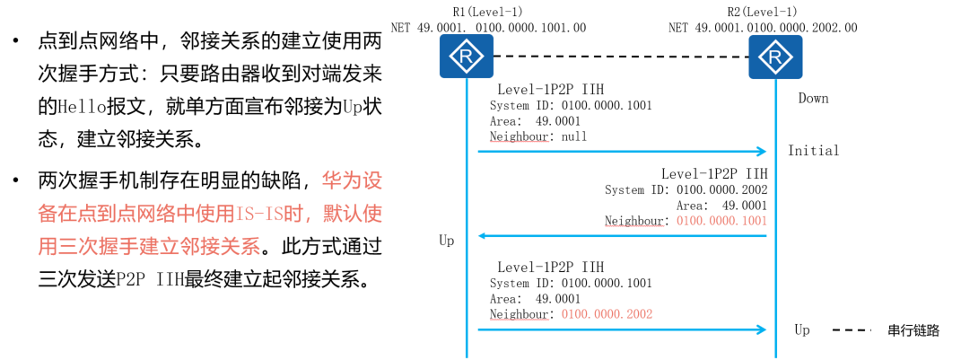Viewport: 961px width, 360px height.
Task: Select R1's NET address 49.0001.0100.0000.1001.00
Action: (x=489, y=28)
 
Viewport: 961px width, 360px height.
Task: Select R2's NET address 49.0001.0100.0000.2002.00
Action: (x=763, y=28)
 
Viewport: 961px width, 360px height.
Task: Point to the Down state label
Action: (x=813, y=98)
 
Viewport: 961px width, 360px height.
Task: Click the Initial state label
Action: (x=813, y=151)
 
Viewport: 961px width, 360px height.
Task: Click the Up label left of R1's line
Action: (x=446, y=241)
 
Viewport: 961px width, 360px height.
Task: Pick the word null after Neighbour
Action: (x=573, y=137)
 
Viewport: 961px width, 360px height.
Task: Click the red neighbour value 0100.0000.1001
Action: (x=721, y=221)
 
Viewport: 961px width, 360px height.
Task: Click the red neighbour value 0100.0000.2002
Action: (x=607, y=314)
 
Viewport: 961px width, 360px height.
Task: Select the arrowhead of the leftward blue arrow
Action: (x=483, y=236)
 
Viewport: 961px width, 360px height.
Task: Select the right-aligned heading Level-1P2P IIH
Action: (x=714, y=173)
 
